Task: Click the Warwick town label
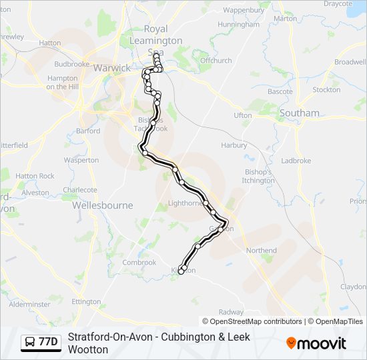coord(113,68)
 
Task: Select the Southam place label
coord(300,113)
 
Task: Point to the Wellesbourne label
coord(102,205)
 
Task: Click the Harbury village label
coord(234,145)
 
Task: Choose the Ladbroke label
coord(296,161)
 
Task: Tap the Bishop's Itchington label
coord(258,176)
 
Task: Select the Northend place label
coord(261,251)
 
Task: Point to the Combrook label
coord(139,263)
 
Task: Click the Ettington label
coord(86,302)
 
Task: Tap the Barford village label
coord(88,131)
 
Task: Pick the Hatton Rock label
coord(35,176)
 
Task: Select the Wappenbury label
coord(244,11)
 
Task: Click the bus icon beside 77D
coord(30,343)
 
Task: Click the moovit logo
coord(316,343)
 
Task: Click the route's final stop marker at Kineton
coord(181,271)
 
